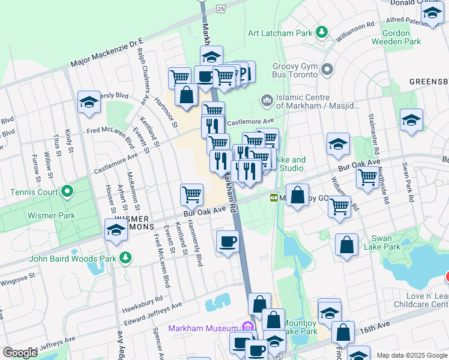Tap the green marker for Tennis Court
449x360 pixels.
tap(67, 193)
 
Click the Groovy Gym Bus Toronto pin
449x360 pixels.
tap(328, 70)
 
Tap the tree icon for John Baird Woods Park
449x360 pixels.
tap(125, 258)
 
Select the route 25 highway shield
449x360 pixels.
tap(221, 8)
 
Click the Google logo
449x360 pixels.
tap(20, 353)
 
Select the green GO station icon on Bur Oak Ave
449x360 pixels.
tap(274, 197)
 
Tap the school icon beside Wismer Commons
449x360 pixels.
tap(116, 230)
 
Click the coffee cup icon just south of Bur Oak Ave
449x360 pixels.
tap(228, 242)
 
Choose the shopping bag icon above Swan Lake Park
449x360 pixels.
tap(346, 245)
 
